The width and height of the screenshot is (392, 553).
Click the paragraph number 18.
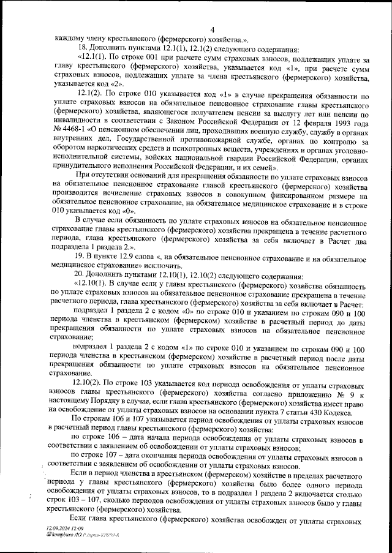coord(77,48)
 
